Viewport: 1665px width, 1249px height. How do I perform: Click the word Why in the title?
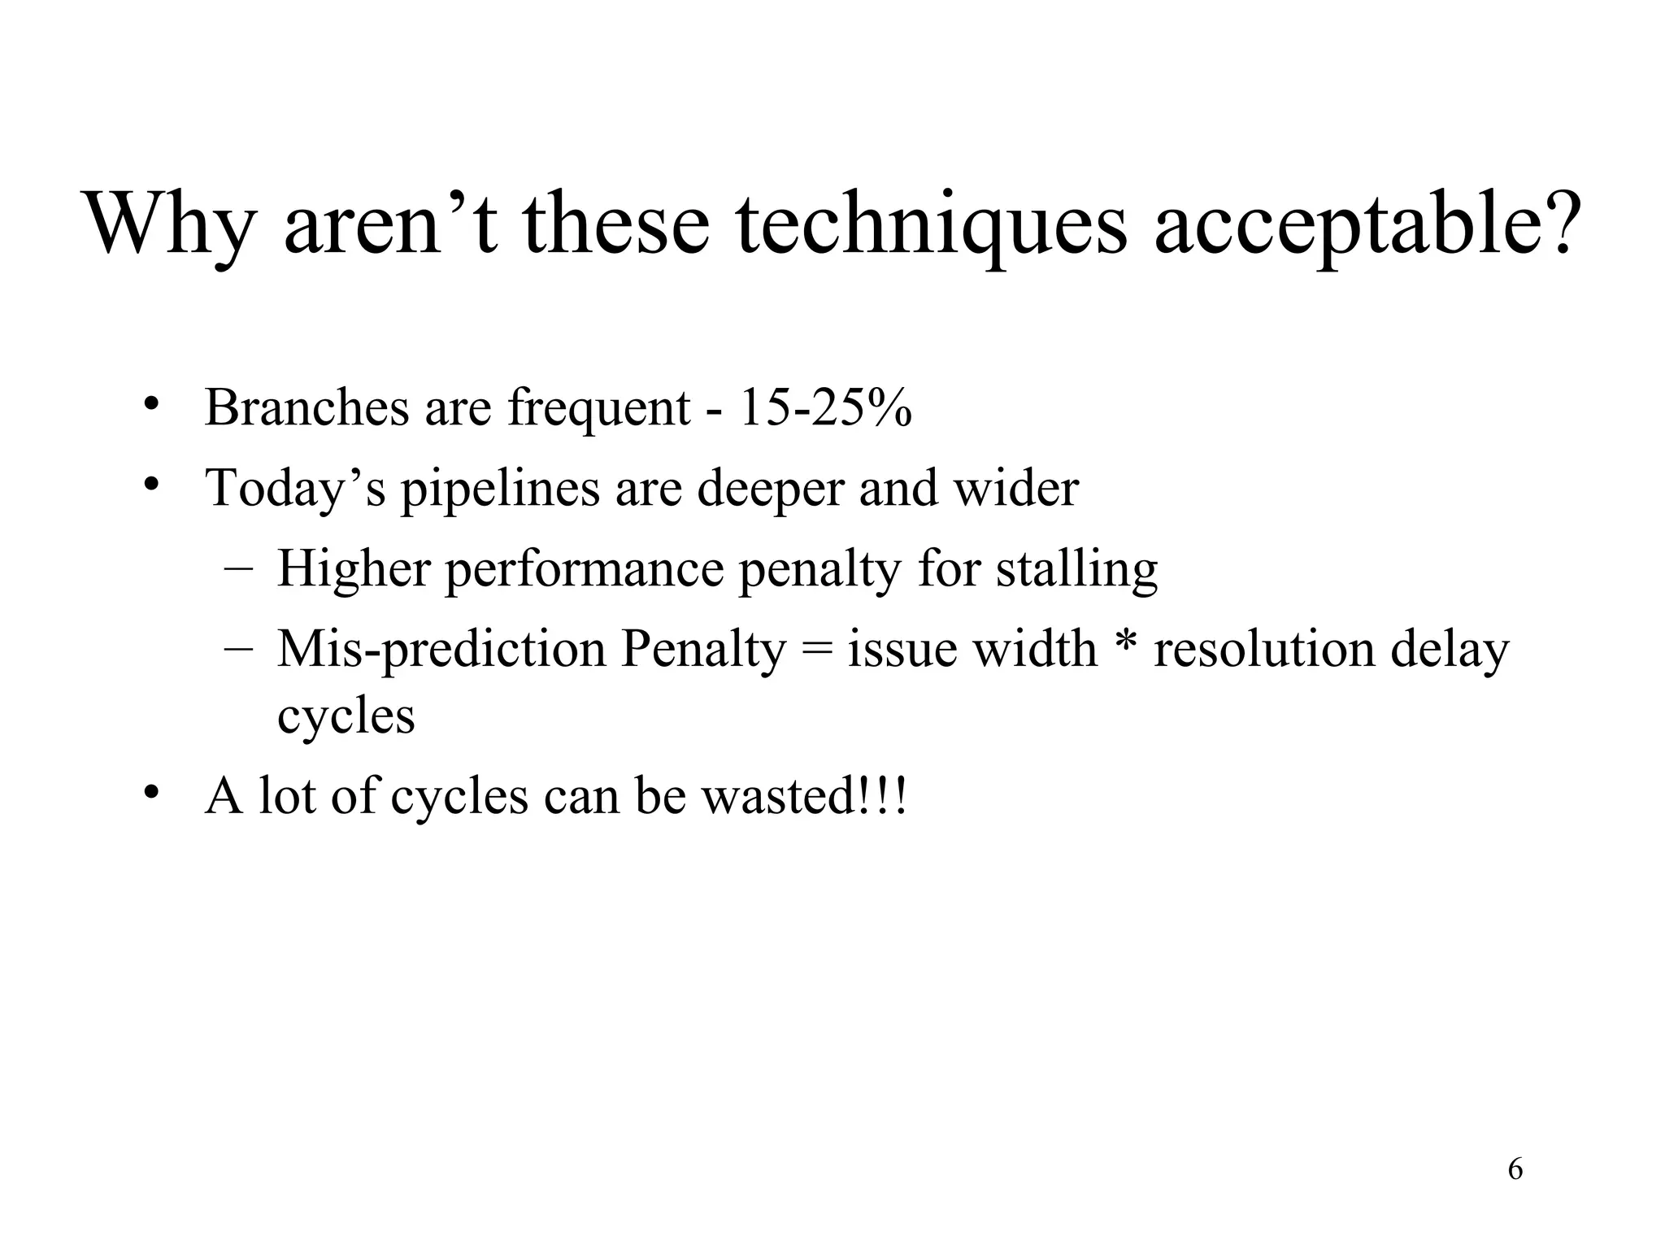(167, 224)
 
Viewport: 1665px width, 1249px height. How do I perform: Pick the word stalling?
(1076, 570)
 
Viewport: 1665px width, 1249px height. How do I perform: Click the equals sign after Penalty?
(816, 651)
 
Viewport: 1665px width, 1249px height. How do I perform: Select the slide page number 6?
(1515, 1169)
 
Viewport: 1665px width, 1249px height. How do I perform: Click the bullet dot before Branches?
(150, 404)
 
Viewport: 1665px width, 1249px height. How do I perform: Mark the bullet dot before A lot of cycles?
(150, 793)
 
